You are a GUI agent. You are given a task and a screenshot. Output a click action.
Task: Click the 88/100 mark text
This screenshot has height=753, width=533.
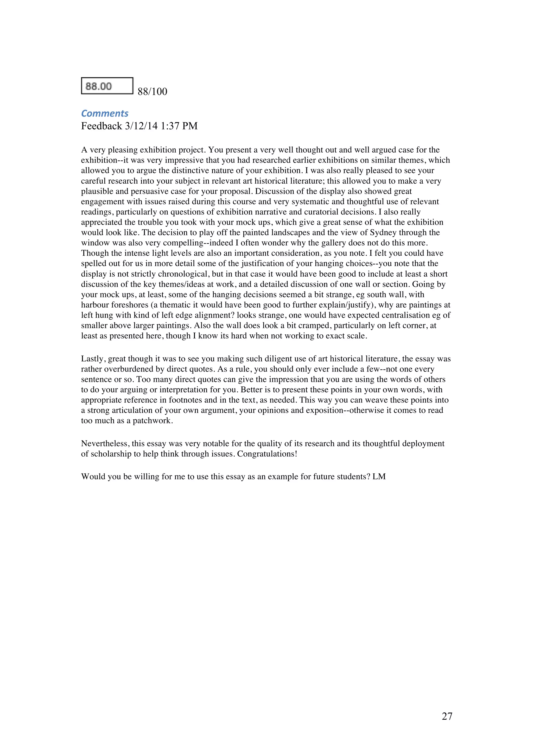152,92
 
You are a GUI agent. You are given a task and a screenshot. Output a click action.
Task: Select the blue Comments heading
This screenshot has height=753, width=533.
105,113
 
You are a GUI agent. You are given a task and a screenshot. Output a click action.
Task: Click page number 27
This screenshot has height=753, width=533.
447,716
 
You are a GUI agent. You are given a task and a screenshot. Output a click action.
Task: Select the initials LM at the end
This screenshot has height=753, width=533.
379,477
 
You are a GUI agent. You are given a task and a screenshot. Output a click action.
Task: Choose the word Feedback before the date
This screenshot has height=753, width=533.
101,126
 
